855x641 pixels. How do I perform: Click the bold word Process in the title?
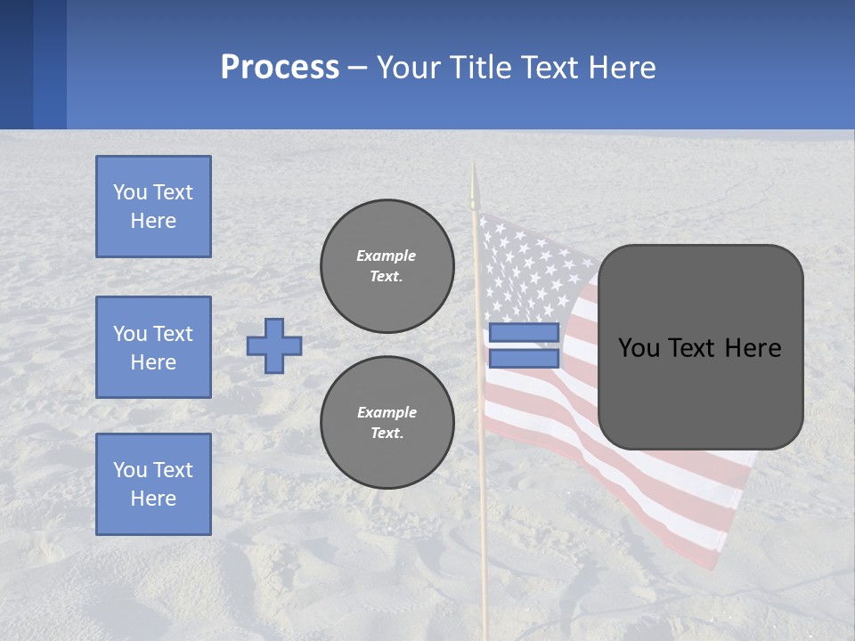pyautogui.click(x=280, y=68)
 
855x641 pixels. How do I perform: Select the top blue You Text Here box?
pyautogui.click(x=153, y=207)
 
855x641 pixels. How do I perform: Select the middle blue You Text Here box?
pyautogui.click(x=153, y=347)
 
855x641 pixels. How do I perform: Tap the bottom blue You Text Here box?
pyautogui.click(x=153, y=483)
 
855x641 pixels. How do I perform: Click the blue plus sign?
pyautogui.click(x=274, y=345)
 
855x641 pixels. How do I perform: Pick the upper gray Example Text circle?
pyautogui.click(x=387, y=265)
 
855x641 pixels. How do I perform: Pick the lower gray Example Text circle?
pyautogui.click(x=387, y=422)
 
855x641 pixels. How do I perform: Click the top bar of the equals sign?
pyautogui.click(x=524, y=333)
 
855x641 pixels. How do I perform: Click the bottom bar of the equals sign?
pyautogui.click(x=524, y=358)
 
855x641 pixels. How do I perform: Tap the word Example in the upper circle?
pyautogui.click(x=387, y=256)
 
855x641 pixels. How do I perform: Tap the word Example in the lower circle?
pyautogui.click(x=387, y=412)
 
